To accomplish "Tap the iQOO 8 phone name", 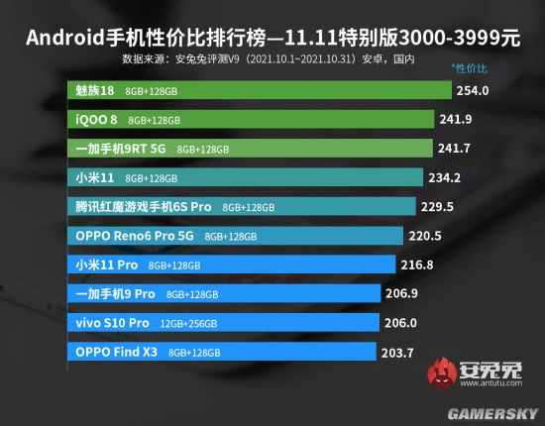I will [x=97, y=120].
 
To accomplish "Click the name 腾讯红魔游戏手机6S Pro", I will [x=144, y=207].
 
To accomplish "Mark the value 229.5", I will [x=436, y=207].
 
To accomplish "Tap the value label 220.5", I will [x=426, y=236].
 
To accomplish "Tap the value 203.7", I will [x=397, y=352].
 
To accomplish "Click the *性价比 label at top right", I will [x=469, y=67].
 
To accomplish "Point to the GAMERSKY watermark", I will [x=495, y=409].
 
